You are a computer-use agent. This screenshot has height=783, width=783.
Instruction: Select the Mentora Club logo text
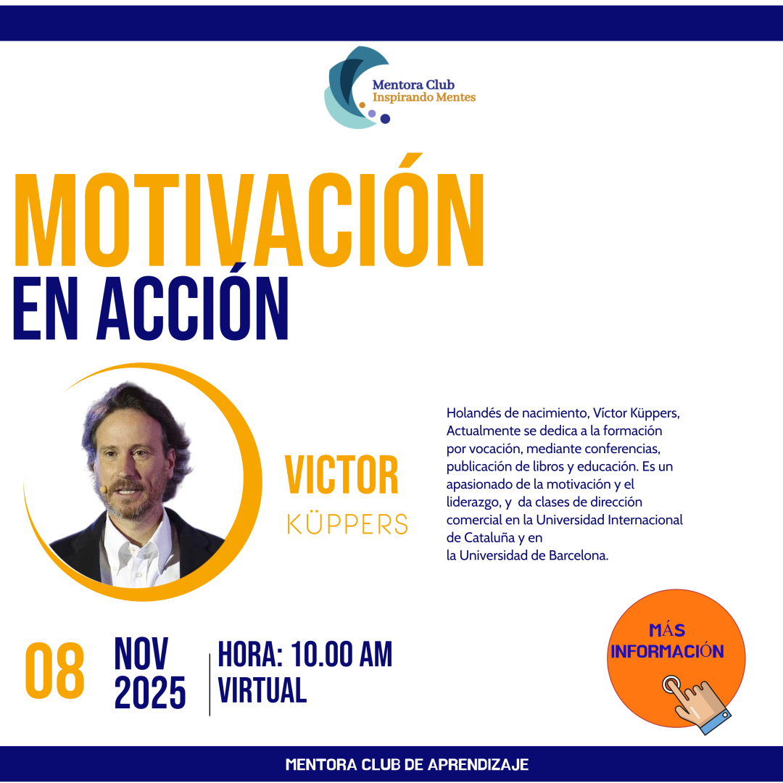[413, 85]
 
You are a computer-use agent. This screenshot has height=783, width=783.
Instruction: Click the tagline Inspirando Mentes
[424, 97]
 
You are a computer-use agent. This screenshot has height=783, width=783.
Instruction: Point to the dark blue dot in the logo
[385, 119]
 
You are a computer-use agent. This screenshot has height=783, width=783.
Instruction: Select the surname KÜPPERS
[347, 522]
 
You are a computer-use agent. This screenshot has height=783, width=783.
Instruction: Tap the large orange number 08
[55, 671]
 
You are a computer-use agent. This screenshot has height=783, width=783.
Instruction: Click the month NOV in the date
[141, 653]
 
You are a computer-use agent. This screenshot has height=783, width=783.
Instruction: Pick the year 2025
[150, 692]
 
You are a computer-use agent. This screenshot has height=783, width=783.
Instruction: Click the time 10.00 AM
[341, 654]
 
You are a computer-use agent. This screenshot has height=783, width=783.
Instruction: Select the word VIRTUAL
[262, 690]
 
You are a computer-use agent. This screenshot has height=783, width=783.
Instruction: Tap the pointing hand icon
[696, 704]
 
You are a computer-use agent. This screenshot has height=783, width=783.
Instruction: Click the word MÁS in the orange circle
[667, 630]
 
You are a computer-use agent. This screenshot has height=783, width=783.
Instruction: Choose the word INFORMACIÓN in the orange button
[667, 651]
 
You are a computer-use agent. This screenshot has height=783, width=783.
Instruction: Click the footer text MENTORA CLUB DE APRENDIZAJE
[407, 765]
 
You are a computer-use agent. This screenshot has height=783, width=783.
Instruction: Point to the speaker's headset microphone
[103, 489]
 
